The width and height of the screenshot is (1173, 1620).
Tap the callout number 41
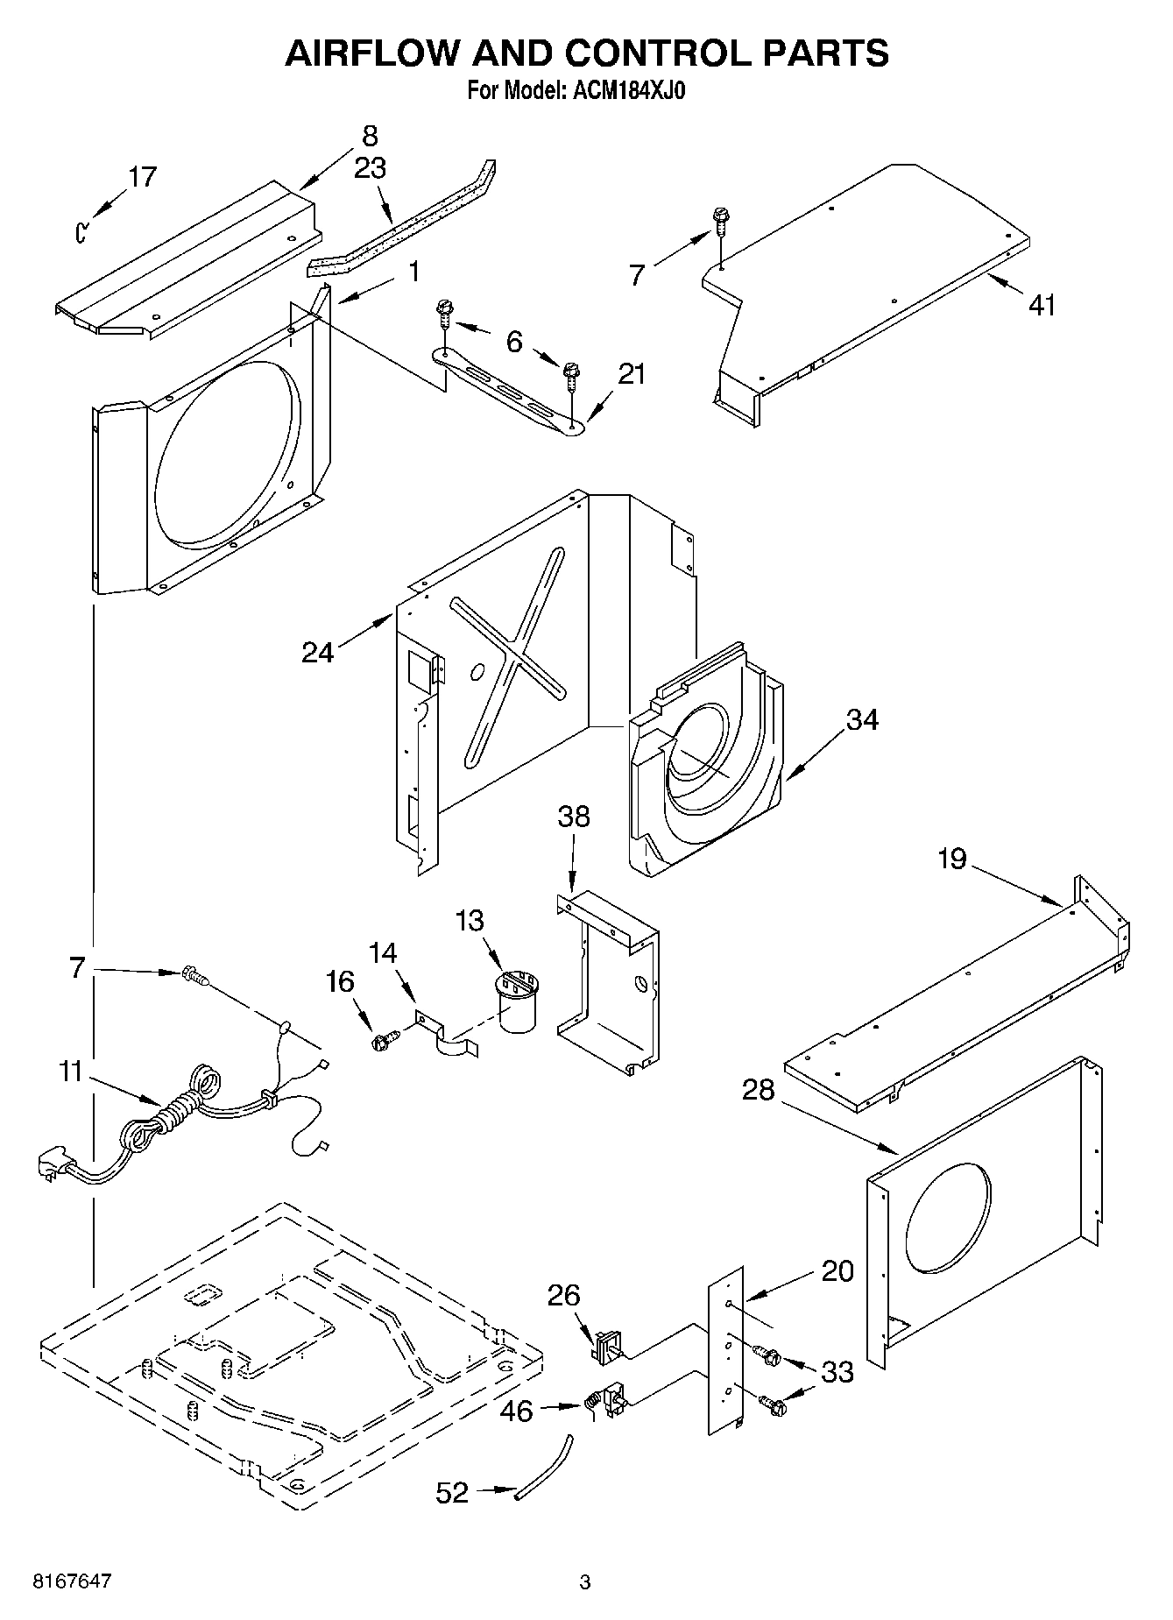pos(1042,305)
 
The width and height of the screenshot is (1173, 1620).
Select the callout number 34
pos(862,719)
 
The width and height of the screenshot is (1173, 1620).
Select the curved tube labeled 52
pos(544,1468)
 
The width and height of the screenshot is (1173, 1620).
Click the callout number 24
pos(318,652)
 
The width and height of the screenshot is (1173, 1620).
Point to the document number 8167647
pos(72,1582)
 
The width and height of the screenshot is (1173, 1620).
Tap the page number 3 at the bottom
pos(585,1582)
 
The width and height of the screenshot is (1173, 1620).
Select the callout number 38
pos(574,817)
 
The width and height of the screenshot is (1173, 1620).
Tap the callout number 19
pos(952,858)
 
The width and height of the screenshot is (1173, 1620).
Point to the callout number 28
pos(759,1089)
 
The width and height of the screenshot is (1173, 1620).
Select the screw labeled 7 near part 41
pos(721,219)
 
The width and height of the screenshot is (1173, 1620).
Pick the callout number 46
pos(516,1411)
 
